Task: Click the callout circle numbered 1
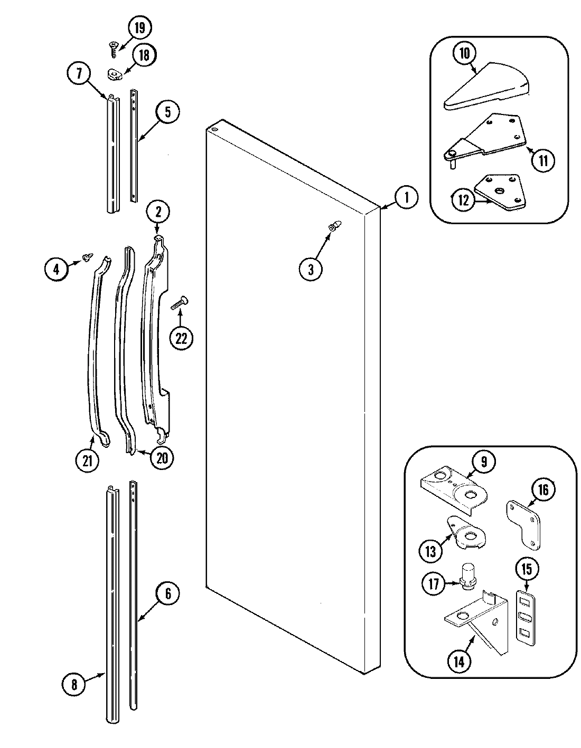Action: click(x=406, y=198)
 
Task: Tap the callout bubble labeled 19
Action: click(x=139, y=27)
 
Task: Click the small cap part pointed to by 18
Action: click(x=115, y=73)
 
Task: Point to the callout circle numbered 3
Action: click(x=311, y=270)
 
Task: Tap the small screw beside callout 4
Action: click(x=86, y=258)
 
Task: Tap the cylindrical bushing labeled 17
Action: click(x=468, y=577)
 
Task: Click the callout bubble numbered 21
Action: click(x=87, y=461)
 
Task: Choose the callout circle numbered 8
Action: click(x=74, y=684)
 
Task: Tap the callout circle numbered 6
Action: click(x=167, y=594)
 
